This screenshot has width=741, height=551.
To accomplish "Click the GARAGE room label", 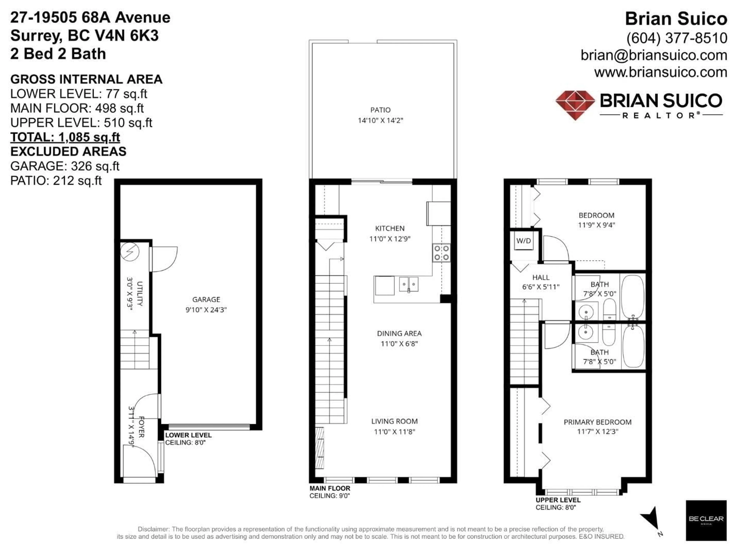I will (x=206, y=300).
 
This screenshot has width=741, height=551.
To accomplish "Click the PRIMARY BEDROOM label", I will (x=597, y=422).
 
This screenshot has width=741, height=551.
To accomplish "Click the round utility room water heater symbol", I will (x=129, y=251).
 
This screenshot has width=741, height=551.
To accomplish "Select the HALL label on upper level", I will (x=541, y=277).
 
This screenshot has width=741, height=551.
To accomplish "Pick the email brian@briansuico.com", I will (x=654, y=55).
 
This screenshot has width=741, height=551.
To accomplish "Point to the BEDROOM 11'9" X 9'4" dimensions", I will (x=596, y=225).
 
